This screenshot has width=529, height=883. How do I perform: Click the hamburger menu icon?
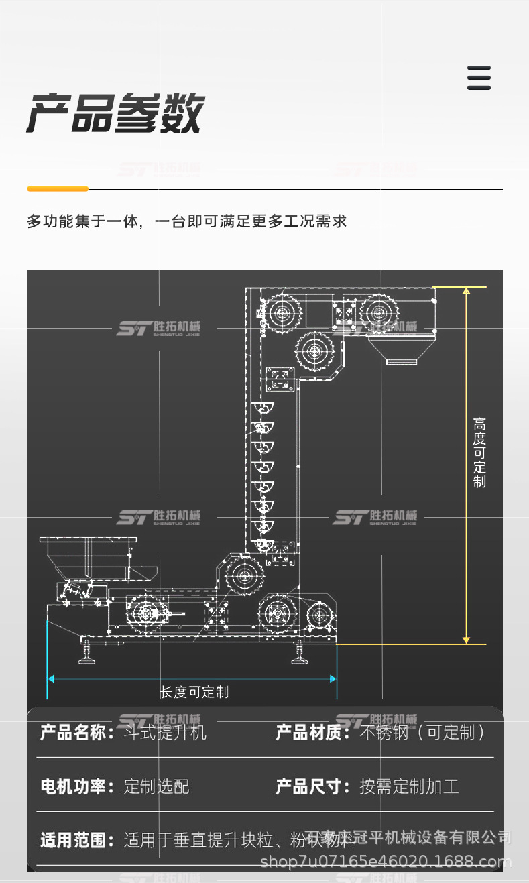coord(479,78)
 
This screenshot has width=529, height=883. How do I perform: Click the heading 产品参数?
coord(115,113)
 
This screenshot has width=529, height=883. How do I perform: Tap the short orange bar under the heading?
coord(58,189)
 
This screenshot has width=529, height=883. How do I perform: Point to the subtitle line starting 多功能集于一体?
coord(186,221)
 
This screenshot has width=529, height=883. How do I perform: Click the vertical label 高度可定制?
coord(479,453)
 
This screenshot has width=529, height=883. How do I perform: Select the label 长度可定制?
coord(194,692)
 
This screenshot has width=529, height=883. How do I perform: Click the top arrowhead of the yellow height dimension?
coord(467,291)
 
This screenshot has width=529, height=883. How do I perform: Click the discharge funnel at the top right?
coord(402,351)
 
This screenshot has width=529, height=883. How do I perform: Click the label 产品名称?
coord(74,732)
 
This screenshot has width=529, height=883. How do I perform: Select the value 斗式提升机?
coord(166,732)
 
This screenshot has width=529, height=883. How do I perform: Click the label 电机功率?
coord(74,786)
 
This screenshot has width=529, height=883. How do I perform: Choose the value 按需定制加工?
coord(409,786)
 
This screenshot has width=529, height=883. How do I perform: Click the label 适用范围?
coord(74,840)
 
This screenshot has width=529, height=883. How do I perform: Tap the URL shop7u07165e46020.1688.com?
coord(385,862)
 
